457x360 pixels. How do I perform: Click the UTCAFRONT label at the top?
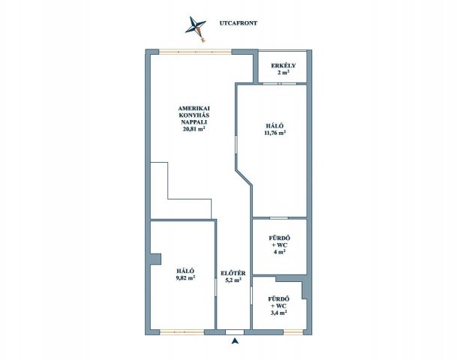[239, 23]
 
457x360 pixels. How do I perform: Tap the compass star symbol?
[196, 28]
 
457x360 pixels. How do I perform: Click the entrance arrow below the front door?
[235, 340]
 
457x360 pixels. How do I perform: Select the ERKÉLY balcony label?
[283, 65]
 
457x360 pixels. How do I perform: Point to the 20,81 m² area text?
[194, 129]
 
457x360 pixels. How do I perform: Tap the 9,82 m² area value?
[185, 277]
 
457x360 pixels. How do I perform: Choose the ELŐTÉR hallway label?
[233, 274]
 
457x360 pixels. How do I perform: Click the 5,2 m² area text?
[233, 280]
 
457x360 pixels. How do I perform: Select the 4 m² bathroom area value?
[279, 252]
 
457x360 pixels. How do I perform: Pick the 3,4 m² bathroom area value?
[279, 313]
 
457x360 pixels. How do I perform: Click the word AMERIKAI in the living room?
[194, 108]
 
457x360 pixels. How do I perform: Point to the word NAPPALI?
[194, 122]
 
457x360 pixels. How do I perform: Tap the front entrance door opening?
[235, 332]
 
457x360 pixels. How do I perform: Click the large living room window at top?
[195, 52]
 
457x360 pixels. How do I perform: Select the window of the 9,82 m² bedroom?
[182, 332]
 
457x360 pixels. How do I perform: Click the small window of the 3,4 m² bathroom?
[293, 332]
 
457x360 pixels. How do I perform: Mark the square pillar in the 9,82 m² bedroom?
[155, 259]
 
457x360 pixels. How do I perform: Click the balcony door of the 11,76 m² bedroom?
[279, 84]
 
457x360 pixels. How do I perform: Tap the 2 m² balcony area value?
[284, 73]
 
